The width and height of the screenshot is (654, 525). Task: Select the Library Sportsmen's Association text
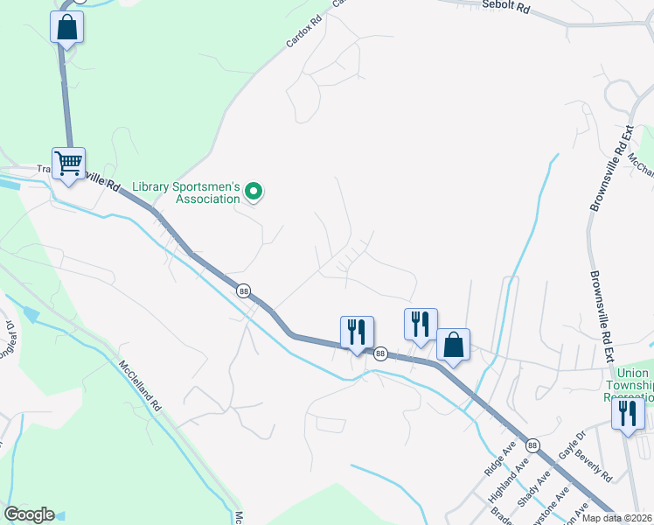coord(186,192)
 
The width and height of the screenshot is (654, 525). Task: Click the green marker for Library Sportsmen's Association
coord(254,191)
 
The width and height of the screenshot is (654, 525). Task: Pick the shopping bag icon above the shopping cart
coord(67,27)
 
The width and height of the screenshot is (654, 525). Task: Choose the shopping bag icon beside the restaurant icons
coord(453,345)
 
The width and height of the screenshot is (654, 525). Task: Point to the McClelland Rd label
coord(140,387)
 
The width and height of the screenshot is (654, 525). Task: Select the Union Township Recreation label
coord(629,384)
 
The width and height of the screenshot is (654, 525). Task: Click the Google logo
coord(29,514)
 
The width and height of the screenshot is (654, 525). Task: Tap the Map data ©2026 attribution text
coord(617,518)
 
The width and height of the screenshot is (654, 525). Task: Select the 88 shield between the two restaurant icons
coord(380,353)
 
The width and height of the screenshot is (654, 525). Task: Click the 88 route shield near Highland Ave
coord(532,445)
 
